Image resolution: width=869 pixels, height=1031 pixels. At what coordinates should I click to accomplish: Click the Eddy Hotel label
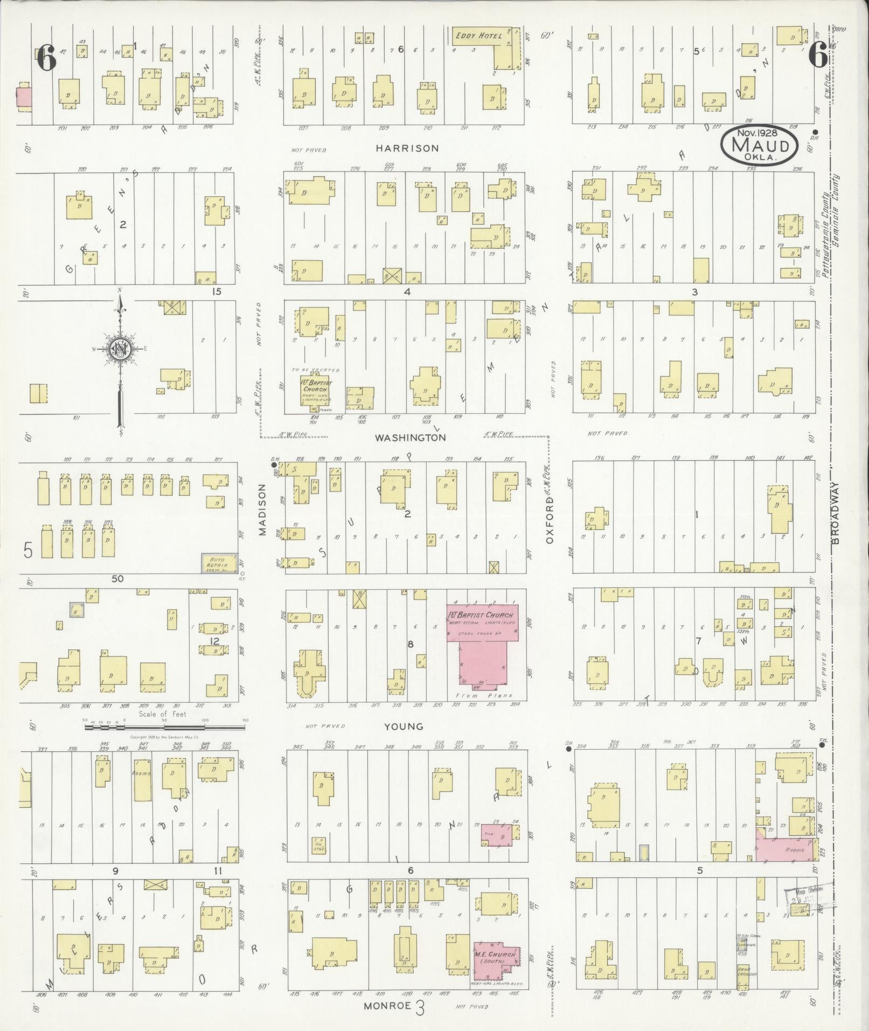tap(478, 36)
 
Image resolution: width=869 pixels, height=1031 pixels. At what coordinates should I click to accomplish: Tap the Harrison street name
tap(407, 148)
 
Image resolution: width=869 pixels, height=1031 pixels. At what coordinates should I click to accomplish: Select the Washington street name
tap(411, 438)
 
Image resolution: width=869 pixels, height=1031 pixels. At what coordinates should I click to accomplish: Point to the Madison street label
tap(262, 516)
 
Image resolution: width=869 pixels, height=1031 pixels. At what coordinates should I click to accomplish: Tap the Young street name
tap(404, 726)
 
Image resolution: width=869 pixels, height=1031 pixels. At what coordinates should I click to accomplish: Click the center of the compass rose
tap(119, 349)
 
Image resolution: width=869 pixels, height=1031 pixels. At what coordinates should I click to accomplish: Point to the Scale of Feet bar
tap(164, 727)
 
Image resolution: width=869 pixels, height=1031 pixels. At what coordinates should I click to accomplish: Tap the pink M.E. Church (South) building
tap(495, 960)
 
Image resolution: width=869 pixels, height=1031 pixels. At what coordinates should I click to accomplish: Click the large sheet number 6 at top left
tap(46, 58)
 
